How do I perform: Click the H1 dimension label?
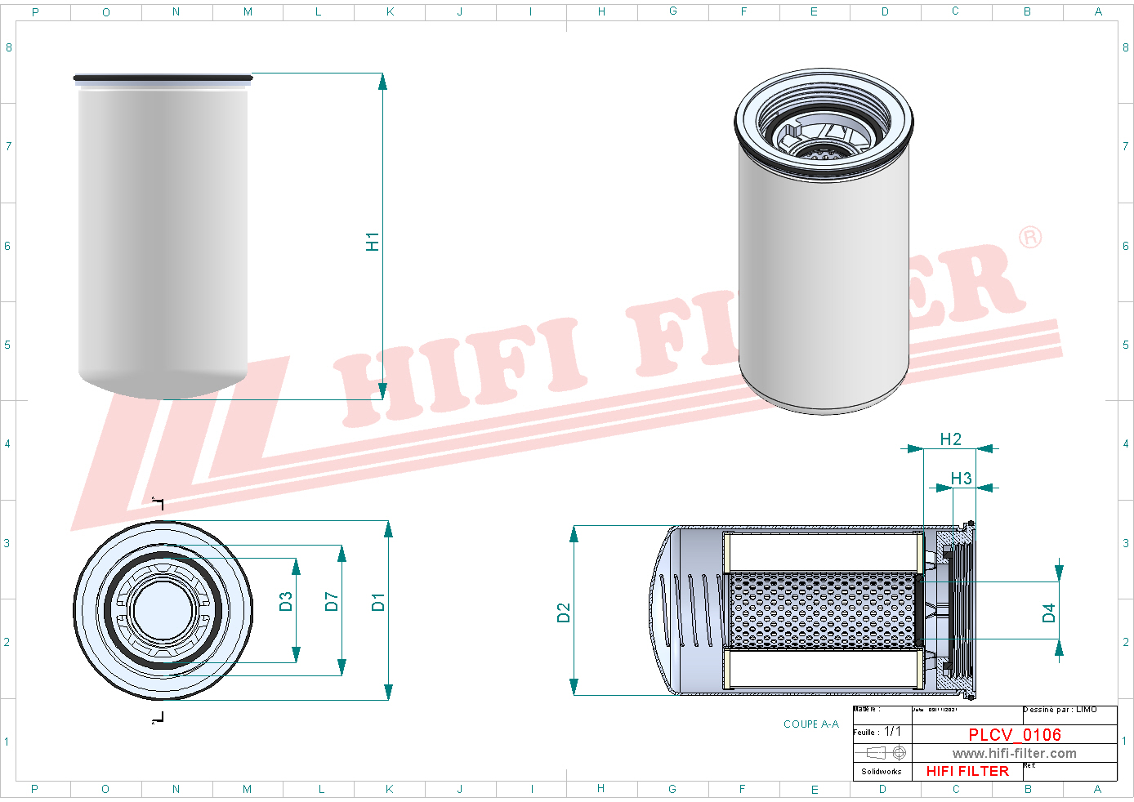click(x=373, y=242)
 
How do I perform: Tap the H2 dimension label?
click(x=951, y=439)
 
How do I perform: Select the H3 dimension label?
click(x=962, y=479)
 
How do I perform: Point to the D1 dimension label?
click(x=378, y=602)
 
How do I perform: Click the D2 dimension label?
click(x=564, y=613)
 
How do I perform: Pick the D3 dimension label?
click(x=286, y=602)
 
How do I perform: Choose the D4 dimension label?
click(x=1049, y=613)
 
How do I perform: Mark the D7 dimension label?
click(x=332, y=602)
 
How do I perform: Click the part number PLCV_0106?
click(x=1015, y=735)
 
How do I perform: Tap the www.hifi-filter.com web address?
click(x=1014, y=753)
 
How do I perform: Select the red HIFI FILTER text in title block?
click(x=967, y=771)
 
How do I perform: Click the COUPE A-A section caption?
click(x=810, y=724)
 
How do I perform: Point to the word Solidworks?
click(x=882, y=771)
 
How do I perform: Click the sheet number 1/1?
click(x=893, y=732)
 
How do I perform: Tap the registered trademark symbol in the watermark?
click(x=1030, y=237)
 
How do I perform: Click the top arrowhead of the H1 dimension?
click(x=382, y=81)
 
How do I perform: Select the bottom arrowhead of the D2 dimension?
click(x=574, y=688)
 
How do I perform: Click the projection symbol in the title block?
click(x=886, y=752)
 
